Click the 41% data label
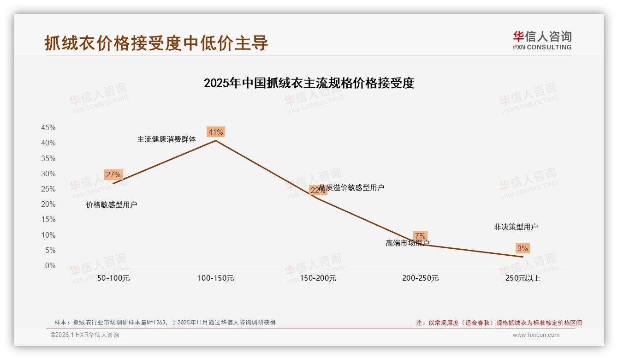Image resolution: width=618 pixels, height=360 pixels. (x=216, y=132)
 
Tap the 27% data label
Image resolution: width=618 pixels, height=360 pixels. (x=113, y=175)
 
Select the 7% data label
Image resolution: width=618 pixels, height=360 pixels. (x=420, y=236)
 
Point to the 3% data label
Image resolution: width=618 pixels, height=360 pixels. (x=523, y=249)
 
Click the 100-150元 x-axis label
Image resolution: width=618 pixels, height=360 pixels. (x=216, y=278)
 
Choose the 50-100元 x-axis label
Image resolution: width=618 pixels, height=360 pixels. (x=113, y=278)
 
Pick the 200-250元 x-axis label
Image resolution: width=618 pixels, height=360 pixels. (x=420, y=278)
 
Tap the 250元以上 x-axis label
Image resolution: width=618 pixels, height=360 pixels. (x=523, y=278)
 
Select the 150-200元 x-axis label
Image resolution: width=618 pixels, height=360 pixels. (x=318, y=278)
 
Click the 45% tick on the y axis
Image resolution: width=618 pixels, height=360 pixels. (x=48, y=128)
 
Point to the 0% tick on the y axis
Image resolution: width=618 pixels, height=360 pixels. (x=50, y=266)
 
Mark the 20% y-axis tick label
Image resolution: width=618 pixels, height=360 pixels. (x=48, y=204)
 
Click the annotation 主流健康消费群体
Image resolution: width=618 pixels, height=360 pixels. (x=166, y=139)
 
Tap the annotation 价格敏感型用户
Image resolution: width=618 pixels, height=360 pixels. (x=112, y=205)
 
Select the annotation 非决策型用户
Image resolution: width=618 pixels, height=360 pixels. (x=516, y=227)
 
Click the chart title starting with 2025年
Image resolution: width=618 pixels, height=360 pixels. (x=309, y=83)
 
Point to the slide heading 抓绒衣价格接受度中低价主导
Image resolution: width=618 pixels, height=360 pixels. (x=156, y=43)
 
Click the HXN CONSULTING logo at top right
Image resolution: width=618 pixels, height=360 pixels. (x=542, y=41)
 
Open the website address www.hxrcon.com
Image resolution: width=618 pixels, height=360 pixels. (x=536, y=335)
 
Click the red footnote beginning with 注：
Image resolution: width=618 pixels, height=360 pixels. (x=499, y=323)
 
